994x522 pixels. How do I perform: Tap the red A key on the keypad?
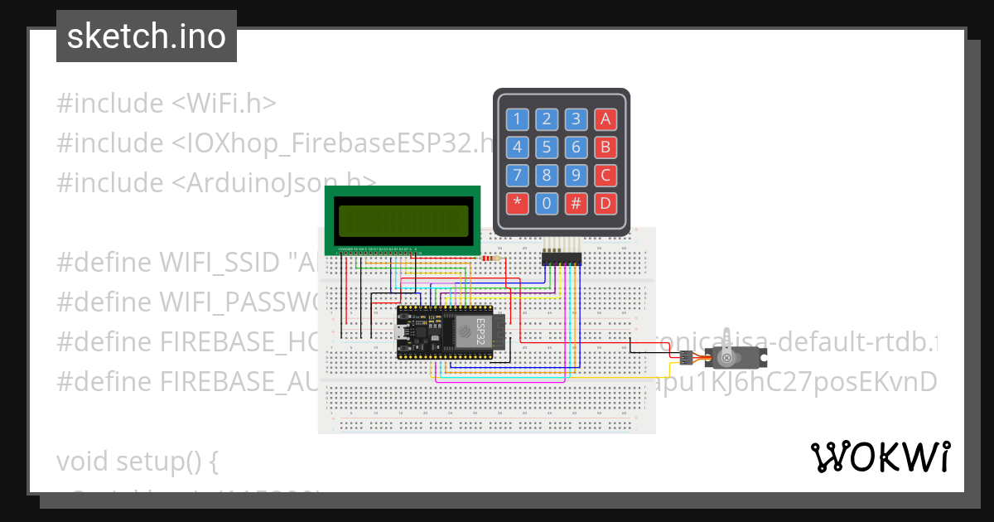pyautogui.click(x=606, y=119)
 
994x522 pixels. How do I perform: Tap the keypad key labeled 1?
pyautogui.click(x=518, y=119)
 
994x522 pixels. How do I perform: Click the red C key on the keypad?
pyautogui.click(x=606, y=176)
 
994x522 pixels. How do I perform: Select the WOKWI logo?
pyautogui.click(x=880, y=457)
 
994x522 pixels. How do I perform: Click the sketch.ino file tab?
pyautogui.click(x=147, y=36)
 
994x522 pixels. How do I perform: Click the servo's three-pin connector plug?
pyautogui.click(x=686, y=358)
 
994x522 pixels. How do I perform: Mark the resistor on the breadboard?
pyautogui.click(x=491, y=258)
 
